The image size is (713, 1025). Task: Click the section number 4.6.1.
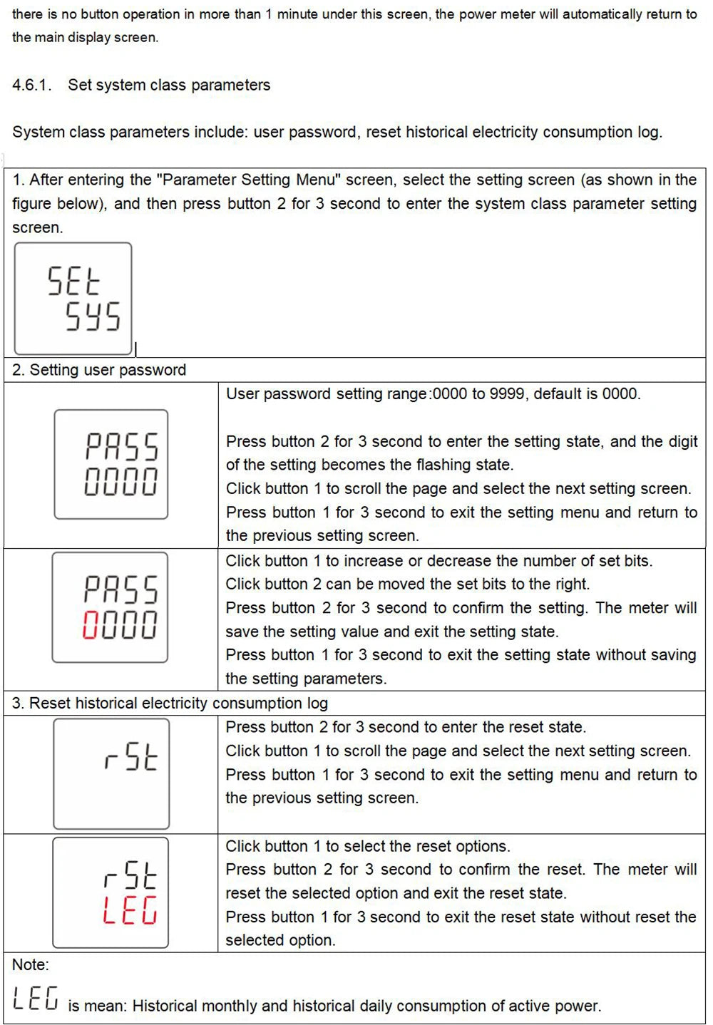click(x=31, y=86)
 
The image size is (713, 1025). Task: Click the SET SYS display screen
click(x=73, y=299)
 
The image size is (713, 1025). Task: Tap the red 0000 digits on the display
click(x=120, y=624)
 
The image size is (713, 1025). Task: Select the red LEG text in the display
click(x=130, y=910)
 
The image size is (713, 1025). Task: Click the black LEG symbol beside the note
click(x=35, y=998)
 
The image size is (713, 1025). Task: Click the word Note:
click(x=31, y=965)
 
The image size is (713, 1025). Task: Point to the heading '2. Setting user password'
click(x=99, y=370)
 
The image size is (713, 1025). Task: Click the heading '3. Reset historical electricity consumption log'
click(x=170, y=704)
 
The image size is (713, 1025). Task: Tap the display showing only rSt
click(x=112, y=773)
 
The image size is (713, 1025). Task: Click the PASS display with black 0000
click(x=112, y=464)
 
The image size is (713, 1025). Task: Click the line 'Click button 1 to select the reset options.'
click(x=368, y=846)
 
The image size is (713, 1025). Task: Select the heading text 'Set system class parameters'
click(x=169, y=86)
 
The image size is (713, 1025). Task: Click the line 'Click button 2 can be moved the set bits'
click(x=408, y=584)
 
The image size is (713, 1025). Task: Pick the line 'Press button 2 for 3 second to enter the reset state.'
click(x=406, y=727)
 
